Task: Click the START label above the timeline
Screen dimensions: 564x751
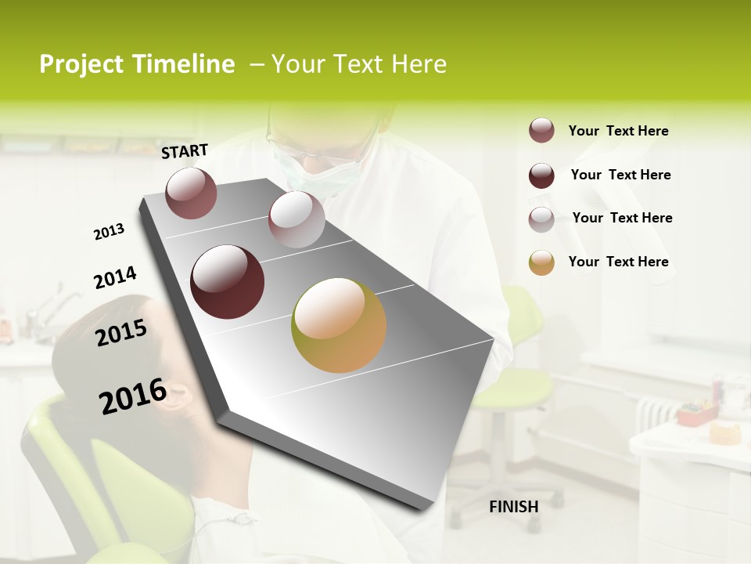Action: [185, 151]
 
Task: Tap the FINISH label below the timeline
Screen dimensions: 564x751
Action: [513, 507]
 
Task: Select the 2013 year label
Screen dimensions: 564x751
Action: [109, 232]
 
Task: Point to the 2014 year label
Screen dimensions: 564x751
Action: [115, 277]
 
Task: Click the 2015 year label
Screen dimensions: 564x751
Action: [121, 333]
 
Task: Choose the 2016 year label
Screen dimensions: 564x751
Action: [133, 396]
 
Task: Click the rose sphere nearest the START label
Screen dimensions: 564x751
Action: [191, 193]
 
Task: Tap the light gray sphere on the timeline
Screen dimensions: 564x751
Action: [296, 219]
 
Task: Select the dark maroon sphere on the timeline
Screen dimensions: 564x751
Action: [228, 282]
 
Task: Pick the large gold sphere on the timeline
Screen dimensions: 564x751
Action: [339, 325]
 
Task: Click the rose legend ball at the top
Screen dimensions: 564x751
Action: [541, 131]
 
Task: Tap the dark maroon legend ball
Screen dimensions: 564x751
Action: [541, 175]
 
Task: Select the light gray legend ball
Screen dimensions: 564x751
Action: [541, 219]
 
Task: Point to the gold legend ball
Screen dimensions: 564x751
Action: [541, 262]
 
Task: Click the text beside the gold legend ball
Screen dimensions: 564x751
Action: [618, 262]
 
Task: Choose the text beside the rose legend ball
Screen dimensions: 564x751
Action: [618, 131]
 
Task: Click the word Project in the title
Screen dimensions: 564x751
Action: [81, 64]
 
